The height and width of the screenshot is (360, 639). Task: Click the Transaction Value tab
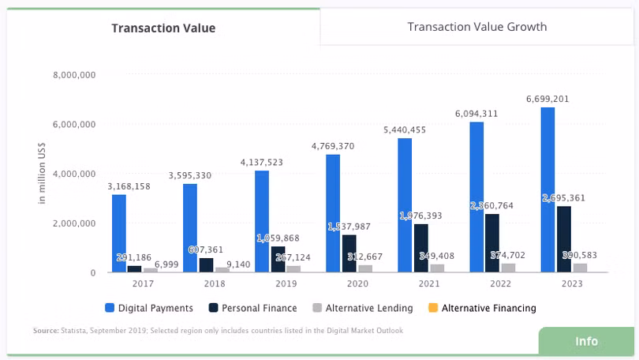coord(163,28)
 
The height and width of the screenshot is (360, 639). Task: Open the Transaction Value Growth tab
coord(476,27)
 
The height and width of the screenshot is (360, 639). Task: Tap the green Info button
coord(586,341)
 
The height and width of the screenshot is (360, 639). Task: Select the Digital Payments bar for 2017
coord(119,233)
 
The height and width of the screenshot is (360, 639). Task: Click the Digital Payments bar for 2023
coord(547,189)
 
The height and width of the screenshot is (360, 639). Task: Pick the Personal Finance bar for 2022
coord(492,242)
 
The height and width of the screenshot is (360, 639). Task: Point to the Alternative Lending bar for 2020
coord(365,268)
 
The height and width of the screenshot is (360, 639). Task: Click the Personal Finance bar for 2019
coord(278,259)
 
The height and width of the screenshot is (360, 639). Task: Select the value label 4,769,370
coord(332,147)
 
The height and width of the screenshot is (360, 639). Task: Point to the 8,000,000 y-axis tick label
coord(74,75)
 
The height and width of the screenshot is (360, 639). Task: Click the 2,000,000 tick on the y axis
coord(74,223)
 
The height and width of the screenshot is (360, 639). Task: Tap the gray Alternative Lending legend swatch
coord(318,308)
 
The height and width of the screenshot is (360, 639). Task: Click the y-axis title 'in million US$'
coord(41,174)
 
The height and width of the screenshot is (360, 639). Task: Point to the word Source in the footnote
coord(45,331)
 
